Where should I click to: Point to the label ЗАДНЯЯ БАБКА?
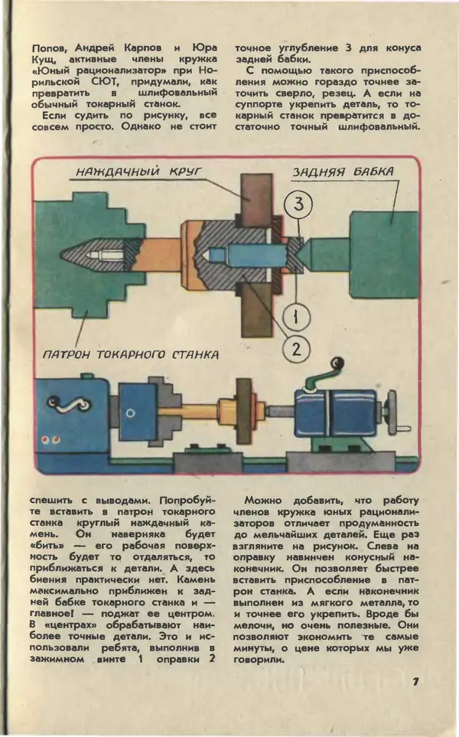click(x=343, y=172)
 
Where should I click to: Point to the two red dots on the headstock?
click(x=51, y=440)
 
